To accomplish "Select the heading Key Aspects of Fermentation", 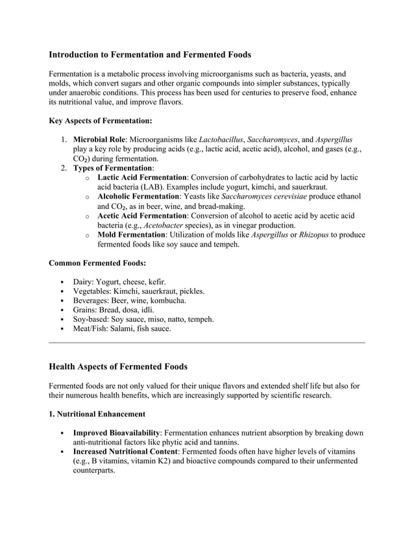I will [101, 121].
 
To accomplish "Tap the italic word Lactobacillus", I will [222, 140].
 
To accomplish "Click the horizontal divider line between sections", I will [207, 342].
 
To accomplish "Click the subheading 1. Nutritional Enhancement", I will [97, 413].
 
